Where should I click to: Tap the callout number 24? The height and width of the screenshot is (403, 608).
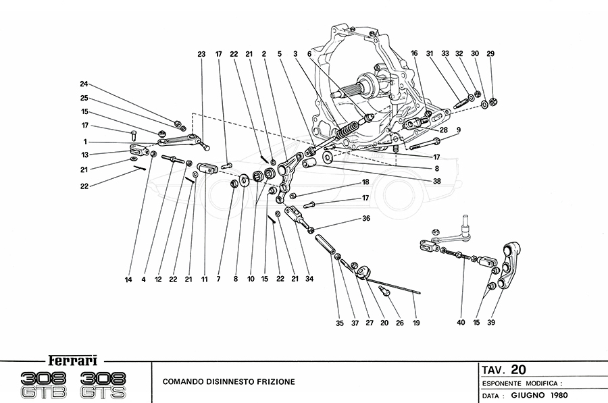point(84,84)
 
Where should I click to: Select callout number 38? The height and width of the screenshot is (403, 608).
point(438,181)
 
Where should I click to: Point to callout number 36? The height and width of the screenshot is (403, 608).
point(366,219)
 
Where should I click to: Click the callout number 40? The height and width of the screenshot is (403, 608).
point(461,323)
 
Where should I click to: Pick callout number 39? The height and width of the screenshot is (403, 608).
point(491,323)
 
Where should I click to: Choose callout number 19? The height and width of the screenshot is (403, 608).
point(416,323)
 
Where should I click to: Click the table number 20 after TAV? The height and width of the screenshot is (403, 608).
point(518,369)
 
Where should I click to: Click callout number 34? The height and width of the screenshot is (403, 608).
point(310,279)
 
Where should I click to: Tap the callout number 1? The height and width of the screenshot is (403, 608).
point(84,142)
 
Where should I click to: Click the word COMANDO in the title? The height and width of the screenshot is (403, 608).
point(183,382)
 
